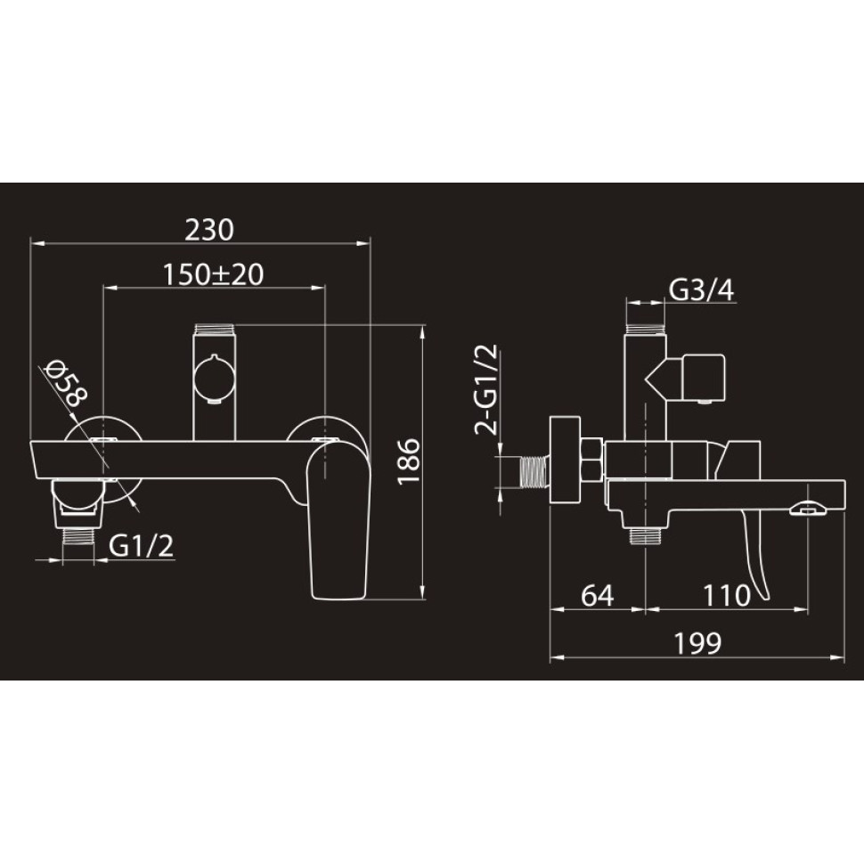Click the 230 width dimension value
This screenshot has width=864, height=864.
coord(208,230)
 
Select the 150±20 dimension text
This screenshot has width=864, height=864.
coord(213,274)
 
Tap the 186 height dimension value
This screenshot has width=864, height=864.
coord(409,461)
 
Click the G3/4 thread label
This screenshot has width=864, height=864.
coord(702,290)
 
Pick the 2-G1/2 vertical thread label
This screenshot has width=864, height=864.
coord(486,389)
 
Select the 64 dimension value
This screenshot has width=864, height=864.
coord(598,595)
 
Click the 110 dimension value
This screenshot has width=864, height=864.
coord(727,595)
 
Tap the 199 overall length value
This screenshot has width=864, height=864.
coord(697,642)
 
